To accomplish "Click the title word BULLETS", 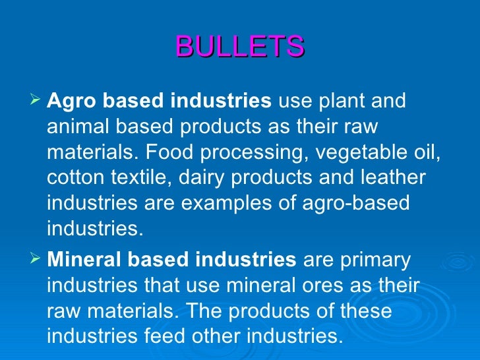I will coord(240,47).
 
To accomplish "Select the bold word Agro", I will coord(70,102).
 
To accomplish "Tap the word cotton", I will coord(76,178).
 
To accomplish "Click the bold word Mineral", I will coord(85,260).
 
